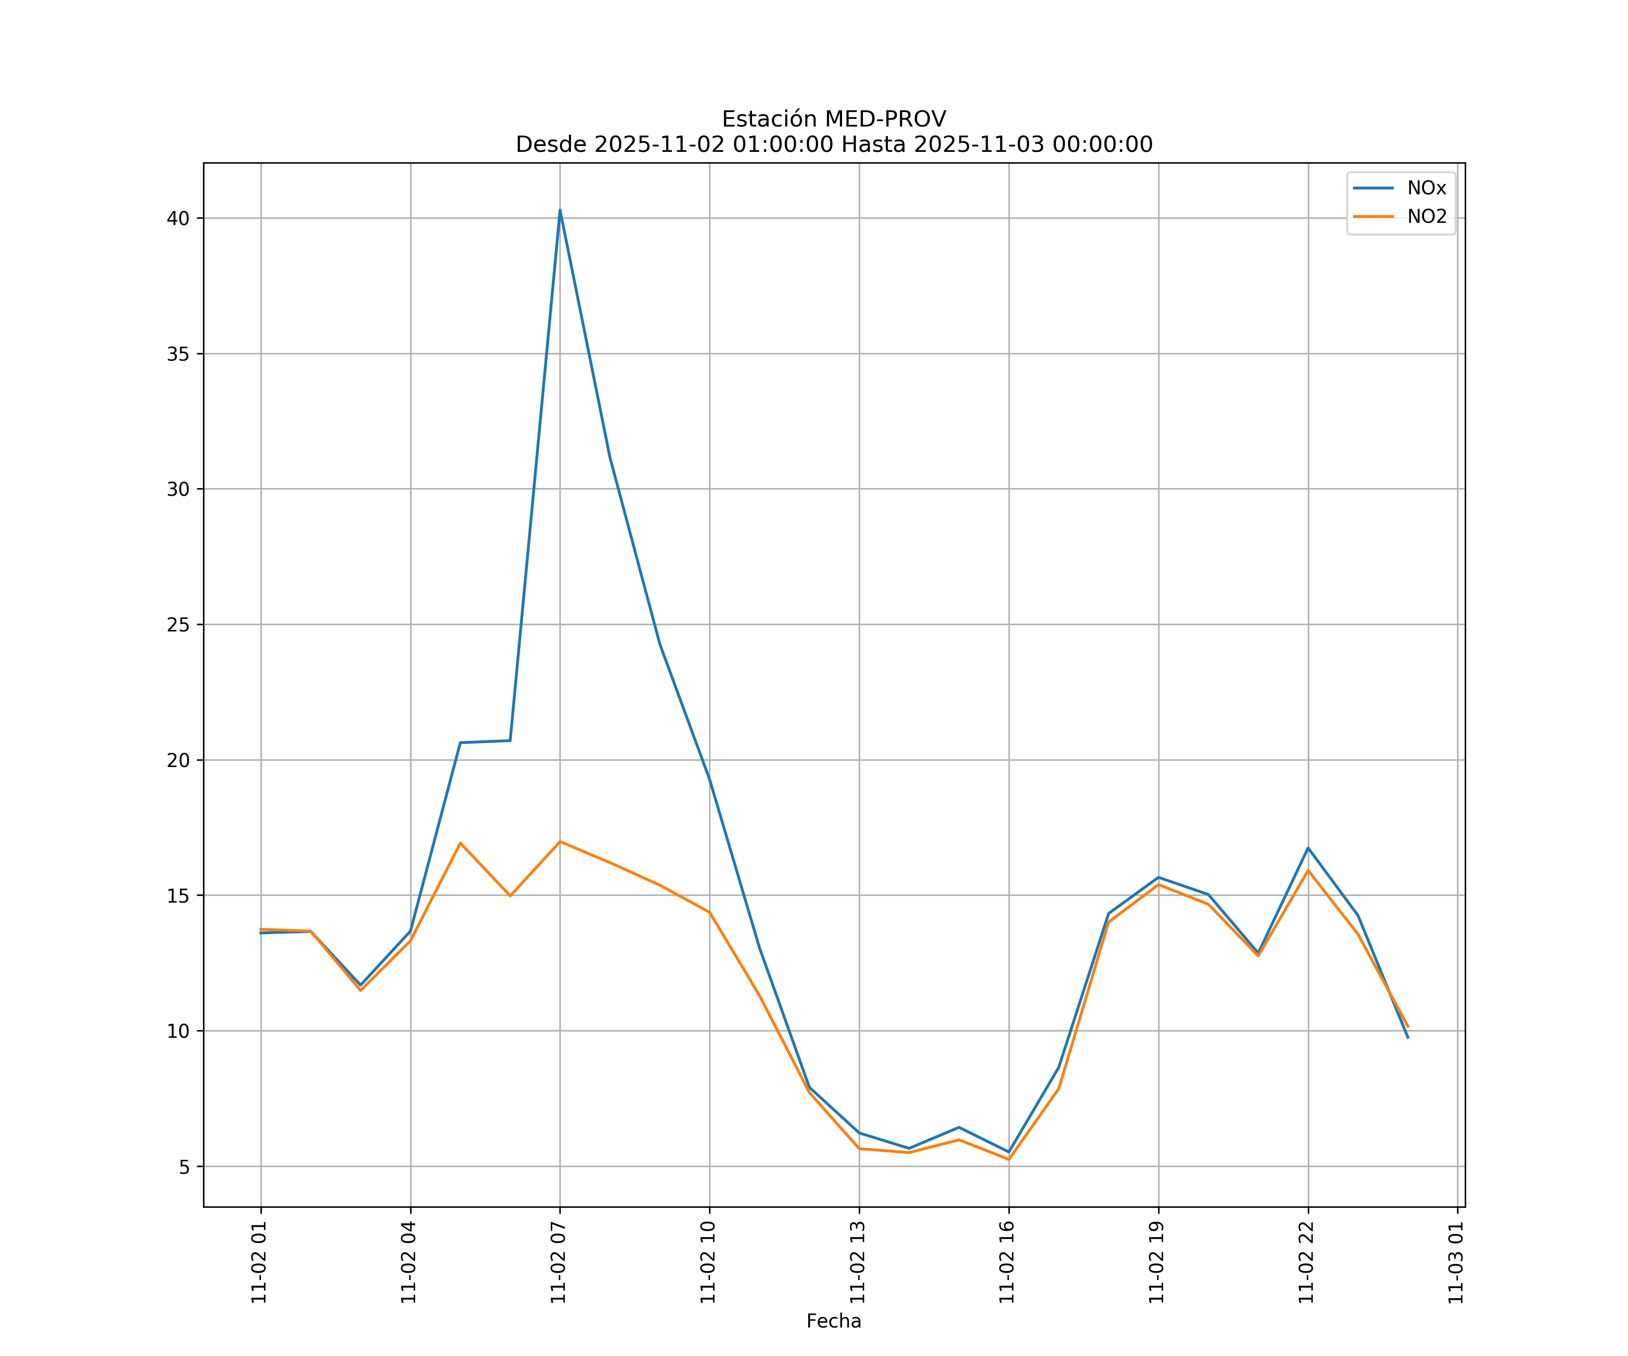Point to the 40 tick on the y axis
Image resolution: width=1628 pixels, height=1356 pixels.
click(178, 218)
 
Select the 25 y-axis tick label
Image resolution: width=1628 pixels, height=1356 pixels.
click(178, 625)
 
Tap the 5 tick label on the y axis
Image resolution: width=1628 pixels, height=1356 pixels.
click(184, 1167)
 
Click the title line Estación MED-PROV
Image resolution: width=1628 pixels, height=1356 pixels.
click(833, 119)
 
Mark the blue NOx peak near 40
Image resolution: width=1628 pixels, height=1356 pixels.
click(560, 211)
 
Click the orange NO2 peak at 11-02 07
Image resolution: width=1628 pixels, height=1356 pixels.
click(560, 842)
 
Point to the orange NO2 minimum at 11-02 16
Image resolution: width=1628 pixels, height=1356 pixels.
click(1008, 1159)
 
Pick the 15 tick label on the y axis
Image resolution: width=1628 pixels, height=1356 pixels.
click(178, 896)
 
